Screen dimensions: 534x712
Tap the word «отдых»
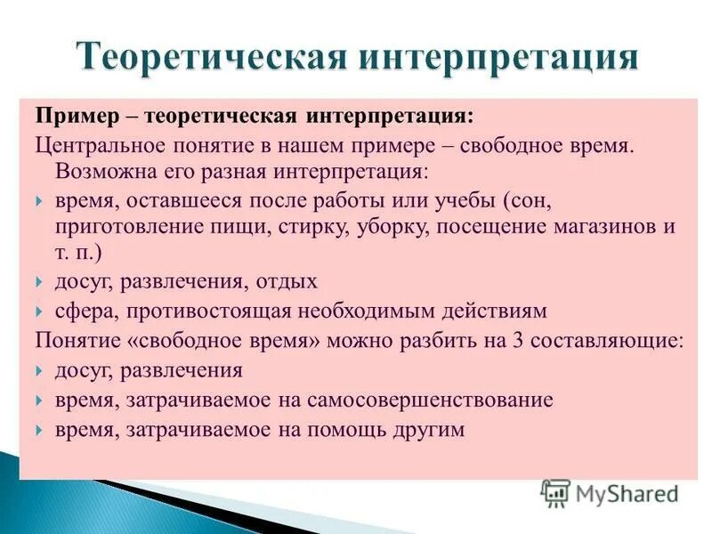pos(286,281)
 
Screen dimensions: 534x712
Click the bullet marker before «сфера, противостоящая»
pos(40,311)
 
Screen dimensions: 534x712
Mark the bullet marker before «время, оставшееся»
pos(40,200)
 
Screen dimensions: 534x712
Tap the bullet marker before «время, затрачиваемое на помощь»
pos(40,430)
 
